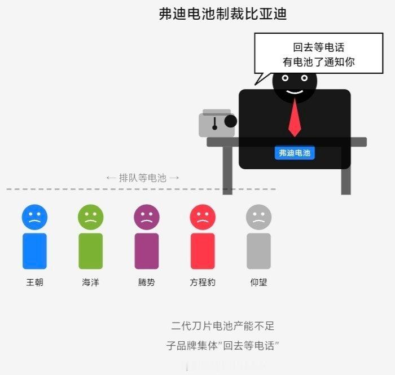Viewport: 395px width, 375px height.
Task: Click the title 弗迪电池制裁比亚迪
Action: pyautogui.click(x=223, y=14)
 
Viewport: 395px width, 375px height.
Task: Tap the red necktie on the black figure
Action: pyautogui.click(x=295, y=118)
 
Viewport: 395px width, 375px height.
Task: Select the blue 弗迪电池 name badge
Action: pyautogui.click(x=295, y=153)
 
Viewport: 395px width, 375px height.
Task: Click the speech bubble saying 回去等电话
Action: pyautogui.click(x=318, y=54)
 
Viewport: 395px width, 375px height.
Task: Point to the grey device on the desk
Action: pyautogui.click(x=217, y=123)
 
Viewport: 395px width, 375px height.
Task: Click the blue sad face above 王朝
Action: pyautogui.click(x=34, y=217)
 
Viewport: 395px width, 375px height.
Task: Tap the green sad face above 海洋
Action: pyautogui.click(x=91, y=217)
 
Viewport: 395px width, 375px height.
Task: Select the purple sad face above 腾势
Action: pyautogui.click(x=147, y=217)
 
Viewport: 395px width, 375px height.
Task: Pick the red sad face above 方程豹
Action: pyautogui.click(x=203, y=217)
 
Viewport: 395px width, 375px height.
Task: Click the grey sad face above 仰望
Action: pyautogui.click(x=258, y=217)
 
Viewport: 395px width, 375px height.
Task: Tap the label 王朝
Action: pyautogui.click(x=35, y=282)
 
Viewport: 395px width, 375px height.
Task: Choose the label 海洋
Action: pyautogui.click(x=91, y=282)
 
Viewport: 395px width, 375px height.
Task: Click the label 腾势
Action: pyautogui.click(x=147, y=282)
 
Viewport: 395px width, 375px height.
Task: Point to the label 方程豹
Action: pyautogui.click(x=203, y=282)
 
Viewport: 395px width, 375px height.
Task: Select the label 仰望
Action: pyautogui.click(x=258, y=282)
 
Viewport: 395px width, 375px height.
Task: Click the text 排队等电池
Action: pyautogui.click(x=143, y=178)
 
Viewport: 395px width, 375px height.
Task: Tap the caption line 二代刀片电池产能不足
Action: pyautogui.click(x=223, y=326)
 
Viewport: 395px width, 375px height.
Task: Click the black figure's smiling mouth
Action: pyautogui.click(x=295, y=92)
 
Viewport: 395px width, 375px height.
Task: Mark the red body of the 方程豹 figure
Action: pyautogui.click(x=203, y=251)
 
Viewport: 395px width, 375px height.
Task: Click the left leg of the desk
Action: pyautogui.click(x=227, y=171)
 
